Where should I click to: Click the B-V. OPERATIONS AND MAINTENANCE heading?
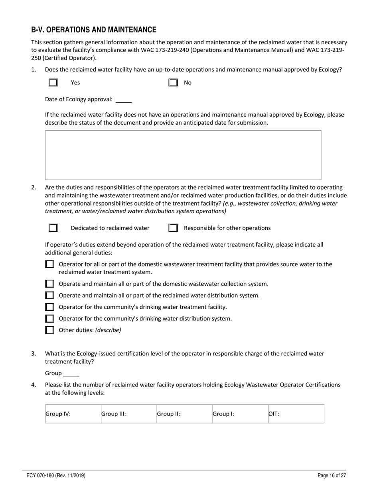coord(94,30)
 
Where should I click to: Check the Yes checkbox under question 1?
coord(53,82)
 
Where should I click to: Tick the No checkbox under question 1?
coord(173,82)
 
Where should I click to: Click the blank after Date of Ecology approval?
coord(124,100)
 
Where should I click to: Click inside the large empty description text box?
coord(183,155)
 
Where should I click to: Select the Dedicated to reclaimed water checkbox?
coord(53,228)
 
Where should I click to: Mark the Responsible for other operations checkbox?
coord(173,228)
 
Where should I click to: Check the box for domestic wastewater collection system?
coord(49,284)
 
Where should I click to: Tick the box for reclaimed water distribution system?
coord(49,295)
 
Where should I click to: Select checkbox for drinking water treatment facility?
coord(49,307)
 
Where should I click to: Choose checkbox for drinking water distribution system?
coord(49,318)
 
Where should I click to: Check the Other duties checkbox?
coord(49,330)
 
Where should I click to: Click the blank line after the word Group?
coord(71,374)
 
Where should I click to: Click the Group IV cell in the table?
coord(73,414)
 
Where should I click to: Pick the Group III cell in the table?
coord(128,414)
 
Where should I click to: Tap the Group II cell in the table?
coord(184,414)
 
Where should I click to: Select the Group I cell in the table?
coord(240,414)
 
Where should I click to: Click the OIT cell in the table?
coord(296,414)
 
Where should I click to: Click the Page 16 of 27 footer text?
coord(332,475)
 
